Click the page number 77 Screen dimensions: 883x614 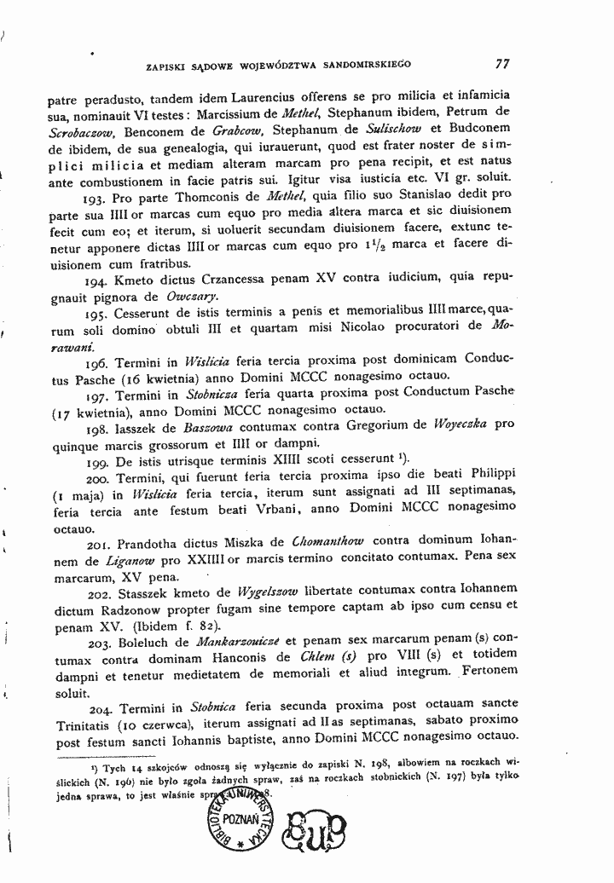click(502, 62)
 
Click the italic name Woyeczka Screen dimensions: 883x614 click(460, 424)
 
